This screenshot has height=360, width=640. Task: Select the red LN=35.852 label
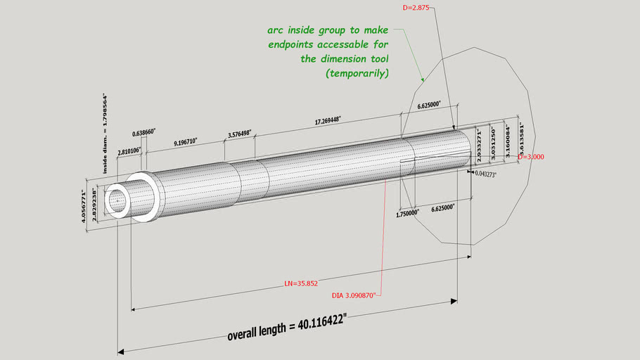coord(301,283)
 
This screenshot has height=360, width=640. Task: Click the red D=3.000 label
coord(532,157)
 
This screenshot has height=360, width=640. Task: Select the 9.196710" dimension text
coord(186,141)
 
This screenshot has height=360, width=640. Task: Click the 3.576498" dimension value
coord(239,134)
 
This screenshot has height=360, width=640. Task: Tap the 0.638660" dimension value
coord(143,132)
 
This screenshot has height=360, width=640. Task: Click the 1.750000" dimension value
coord(408,211)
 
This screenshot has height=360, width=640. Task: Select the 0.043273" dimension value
coord(485,174)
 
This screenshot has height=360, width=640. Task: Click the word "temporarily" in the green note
coord(357,73)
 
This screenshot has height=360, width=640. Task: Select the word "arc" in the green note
coord(275,30)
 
